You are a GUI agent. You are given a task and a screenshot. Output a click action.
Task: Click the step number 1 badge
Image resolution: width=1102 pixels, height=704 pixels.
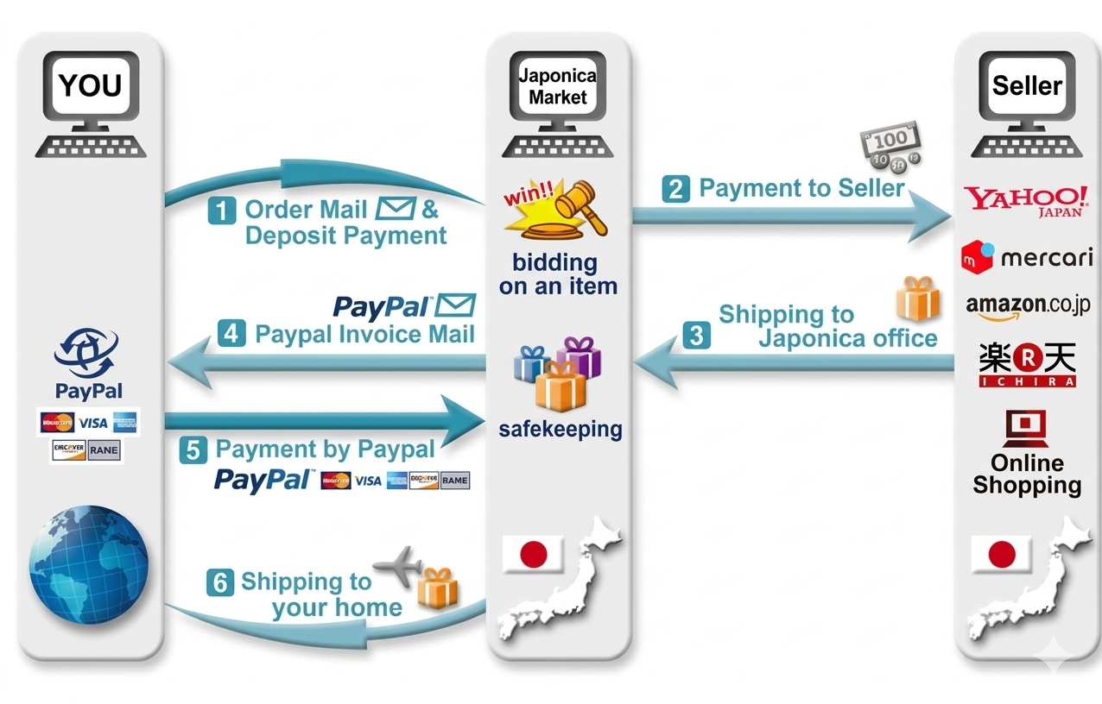click(x=221, y=210)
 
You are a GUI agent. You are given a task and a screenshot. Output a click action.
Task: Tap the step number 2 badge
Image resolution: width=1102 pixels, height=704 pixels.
click(x=675, y=189)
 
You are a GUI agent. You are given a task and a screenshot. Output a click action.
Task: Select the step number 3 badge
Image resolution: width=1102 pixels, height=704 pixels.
click(x=696, y=335)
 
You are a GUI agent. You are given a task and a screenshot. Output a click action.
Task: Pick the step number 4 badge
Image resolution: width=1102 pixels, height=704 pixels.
click(x=231, y=334)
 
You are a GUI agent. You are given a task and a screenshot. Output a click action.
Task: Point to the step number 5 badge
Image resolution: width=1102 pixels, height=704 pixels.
click(x=193, y=450)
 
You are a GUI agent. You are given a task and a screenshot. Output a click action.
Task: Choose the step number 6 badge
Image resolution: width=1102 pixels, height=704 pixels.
click(x=219, y=582)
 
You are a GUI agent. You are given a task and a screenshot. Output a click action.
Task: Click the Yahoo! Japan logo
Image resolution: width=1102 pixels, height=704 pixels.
click(x=1026, y=201)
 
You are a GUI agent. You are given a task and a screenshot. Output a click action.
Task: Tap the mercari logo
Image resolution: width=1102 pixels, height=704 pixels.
click(x=1026, y=257)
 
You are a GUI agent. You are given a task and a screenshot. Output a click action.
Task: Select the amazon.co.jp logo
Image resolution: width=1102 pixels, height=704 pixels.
click(x=1027, y=305)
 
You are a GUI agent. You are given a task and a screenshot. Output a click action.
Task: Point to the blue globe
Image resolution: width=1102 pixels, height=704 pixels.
click(x=87, y=554)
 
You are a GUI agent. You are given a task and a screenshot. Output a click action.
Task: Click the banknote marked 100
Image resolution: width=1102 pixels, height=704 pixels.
click(x=890, y=139)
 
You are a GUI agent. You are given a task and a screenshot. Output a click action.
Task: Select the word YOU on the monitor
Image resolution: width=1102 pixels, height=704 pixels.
click(x=90, y=86)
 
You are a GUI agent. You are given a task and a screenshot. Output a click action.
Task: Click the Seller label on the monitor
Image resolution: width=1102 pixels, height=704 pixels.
click(x=1026, y=86)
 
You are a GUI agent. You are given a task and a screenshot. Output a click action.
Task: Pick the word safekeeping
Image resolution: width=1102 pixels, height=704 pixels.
click(x=560, y=428)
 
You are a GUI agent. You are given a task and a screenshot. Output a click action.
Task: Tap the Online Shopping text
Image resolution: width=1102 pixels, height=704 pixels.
click(x=1027, y=474)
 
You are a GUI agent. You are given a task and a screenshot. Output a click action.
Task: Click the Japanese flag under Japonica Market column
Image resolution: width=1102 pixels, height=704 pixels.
click(x=533, y=553)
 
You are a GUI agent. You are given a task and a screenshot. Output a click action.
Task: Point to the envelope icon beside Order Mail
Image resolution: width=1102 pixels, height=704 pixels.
click(x=396, y=208)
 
